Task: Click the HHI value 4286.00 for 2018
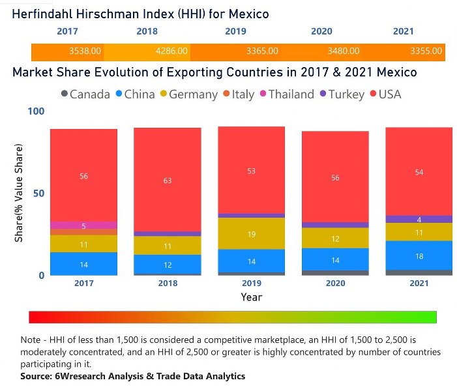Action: (173, 51)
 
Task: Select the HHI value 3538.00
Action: (85, 51)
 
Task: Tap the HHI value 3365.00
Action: (263, 51)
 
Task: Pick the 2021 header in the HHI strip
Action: (404, 31)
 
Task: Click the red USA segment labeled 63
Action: (168, 180)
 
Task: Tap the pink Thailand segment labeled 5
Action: (84, 225)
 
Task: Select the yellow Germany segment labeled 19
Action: (251, 233)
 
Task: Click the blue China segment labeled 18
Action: (419, 255)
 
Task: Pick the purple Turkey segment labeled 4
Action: (419, 219)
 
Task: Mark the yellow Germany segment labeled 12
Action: (335, 239)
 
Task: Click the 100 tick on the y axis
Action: (37, 111)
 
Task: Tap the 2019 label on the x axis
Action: (252, 283)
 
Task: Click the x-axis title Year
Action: (251, 297)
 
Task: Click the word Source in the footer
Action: (37, 376)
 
